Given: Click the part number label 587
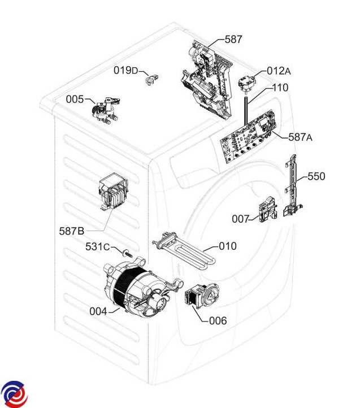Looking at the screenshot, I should pos(233,40).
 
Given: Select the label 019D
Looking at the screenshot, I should pos(125,71).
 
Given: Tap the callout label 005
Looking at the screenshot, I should pos(75,99).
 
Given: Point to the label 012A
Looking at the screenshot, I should pos(279,71).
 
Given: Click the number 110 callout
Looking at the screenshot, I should pos(280,88).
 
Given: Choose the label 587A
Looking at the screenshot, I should pos(300,137).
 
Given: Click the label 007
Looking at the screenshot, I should pos(240,219).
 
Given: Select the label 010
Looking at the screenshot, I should pos(228,246).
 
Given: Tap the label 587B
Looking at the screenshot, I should pos(72,231).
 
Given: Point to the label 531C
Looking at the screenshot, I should pos(97,247).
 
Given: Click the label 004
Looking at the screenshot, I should pos(98,311).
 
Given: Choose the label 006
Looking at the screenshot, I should pos(218,321).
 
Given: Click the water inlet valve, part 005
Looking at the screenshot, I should pos(105,111).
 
